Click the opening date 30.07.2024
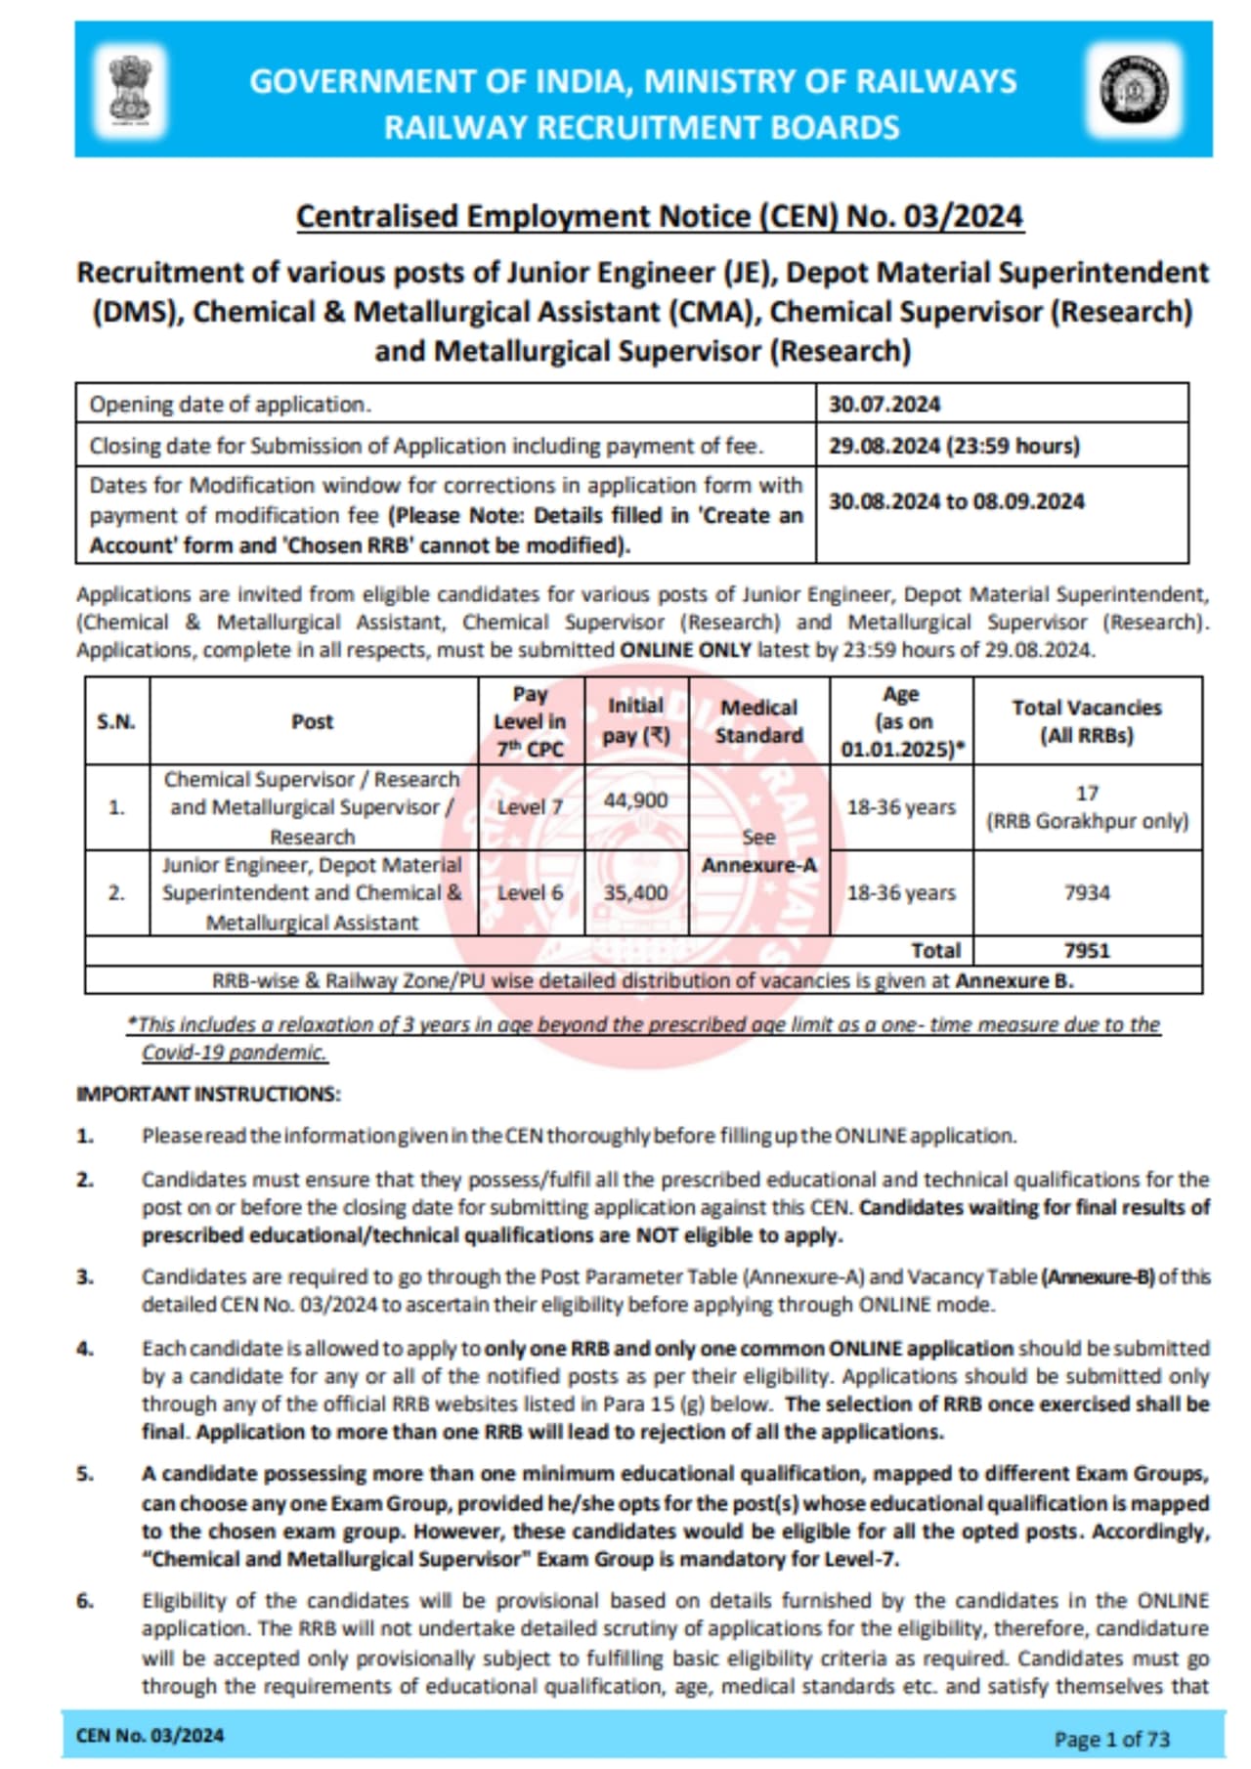(884, 404)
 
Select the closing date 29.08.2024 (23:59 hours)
(954, 446)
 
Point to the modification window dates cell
(956, 501)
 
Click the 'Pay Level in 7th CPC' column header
(530, 721)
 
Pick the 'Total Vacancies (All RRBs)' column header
(1087, 721)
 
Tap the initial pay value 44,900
(635, 800)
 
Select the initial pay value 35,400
(635, 892)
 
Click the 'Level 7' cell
(530, 807)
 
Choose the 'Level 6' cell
(530, 892)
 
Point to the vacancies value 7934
(1087, 892)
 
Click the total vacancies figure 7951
(1087, 950)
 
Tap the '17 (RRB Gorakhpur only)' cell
(1087, 807)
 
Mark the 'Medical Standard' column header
(758, 721)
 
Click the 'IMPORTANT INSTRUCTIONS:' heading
(208, 1094)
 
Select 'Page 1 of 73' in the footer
(1111, 1739)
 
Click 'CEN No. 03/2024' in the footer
(150, 1736)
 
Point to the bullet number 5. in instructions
(86, 1474)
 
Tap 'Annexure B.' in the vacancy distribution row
(1014, 980)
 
